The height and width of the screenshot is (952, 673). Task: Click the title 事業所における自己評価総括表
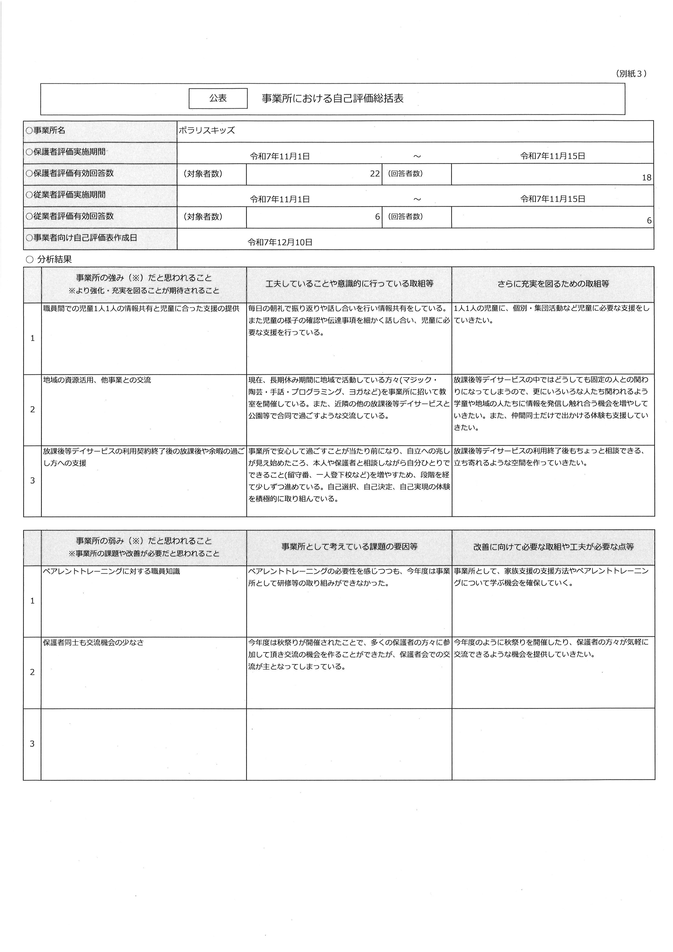[x=332, y=99]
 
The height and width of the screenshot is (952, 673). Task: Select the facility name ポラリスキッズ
[x=207, y=131]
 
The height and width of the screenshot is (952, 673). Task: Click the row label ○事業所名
[x=46, y=131]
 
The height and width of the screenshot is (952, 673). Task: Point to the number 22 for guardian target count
[x=374, y=174]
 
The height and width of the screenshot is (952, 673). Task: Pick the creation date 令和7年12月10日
[x=280, y=243]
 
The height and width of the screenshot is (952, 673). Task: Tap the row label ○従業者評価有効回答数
[x=70, y=216]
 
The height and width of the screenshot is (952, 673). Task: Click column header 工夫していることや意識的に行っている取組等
[x=349, y=284]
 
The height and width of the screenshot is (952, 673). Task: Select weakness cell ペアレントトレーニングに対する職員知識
[x=112, y=571]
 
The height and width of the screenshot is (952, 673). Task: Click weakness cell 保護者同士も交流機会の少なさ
[x=93, y=643]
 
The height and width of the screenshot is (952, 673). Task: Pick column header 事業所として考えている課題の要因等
[x=349, y=547]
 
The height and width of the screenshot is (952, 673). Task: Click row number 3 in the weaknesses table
[x=32, y=744]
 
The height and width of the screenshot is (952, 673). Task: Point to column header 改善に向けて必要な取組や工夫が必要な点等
[x=553, y=547]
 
